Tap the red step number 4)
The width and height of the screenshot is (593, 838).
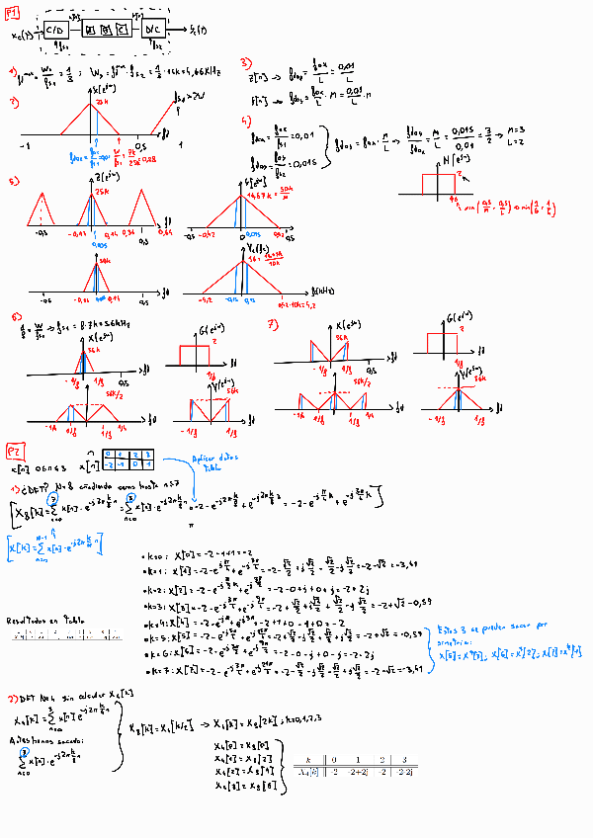245,122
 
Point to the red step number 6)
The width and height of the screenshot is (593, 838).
16,317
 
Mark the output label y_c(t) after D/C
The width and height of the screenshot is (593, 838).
198,30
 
